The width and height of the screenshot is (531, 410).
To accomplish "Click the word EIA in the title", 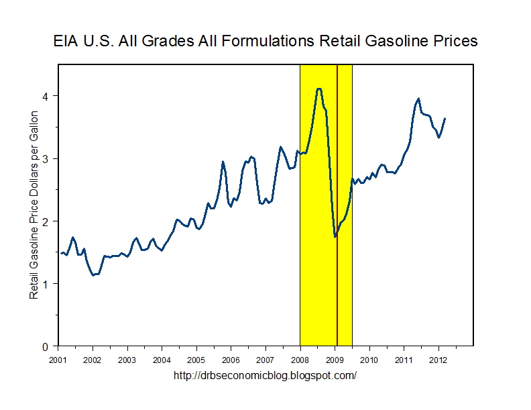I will point(66,41).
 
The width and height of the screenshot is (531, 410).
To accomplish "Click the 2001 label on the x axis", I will point(58,360).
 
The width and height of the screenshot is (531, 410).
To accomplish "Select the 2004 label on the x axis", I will point(162,360).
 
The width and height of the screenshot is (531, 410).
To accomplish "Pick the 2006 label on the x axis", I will point(231,360).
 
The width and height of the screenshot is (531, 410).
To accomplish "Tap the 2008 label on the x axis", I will point(300,360).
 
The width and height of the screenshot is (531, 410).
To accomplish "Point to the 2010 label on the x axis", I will point(369,360).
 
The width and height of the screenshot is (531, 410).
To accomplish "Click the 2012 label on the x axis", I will point(438,360).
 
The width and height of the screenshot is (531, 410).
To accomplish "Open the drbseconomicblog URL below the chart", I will point(265,376).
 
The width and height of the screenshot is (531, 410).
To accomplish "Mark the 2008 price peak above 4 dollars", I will point(319,89).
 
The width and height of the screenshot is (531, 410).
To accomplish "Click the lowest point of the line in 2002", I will point(93,275).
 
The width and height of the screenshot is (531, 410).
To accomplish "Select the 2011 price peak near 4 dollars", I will point(418,99).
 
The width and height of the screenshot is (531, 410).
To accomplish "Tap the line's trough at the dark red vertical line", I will point(335,236).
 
